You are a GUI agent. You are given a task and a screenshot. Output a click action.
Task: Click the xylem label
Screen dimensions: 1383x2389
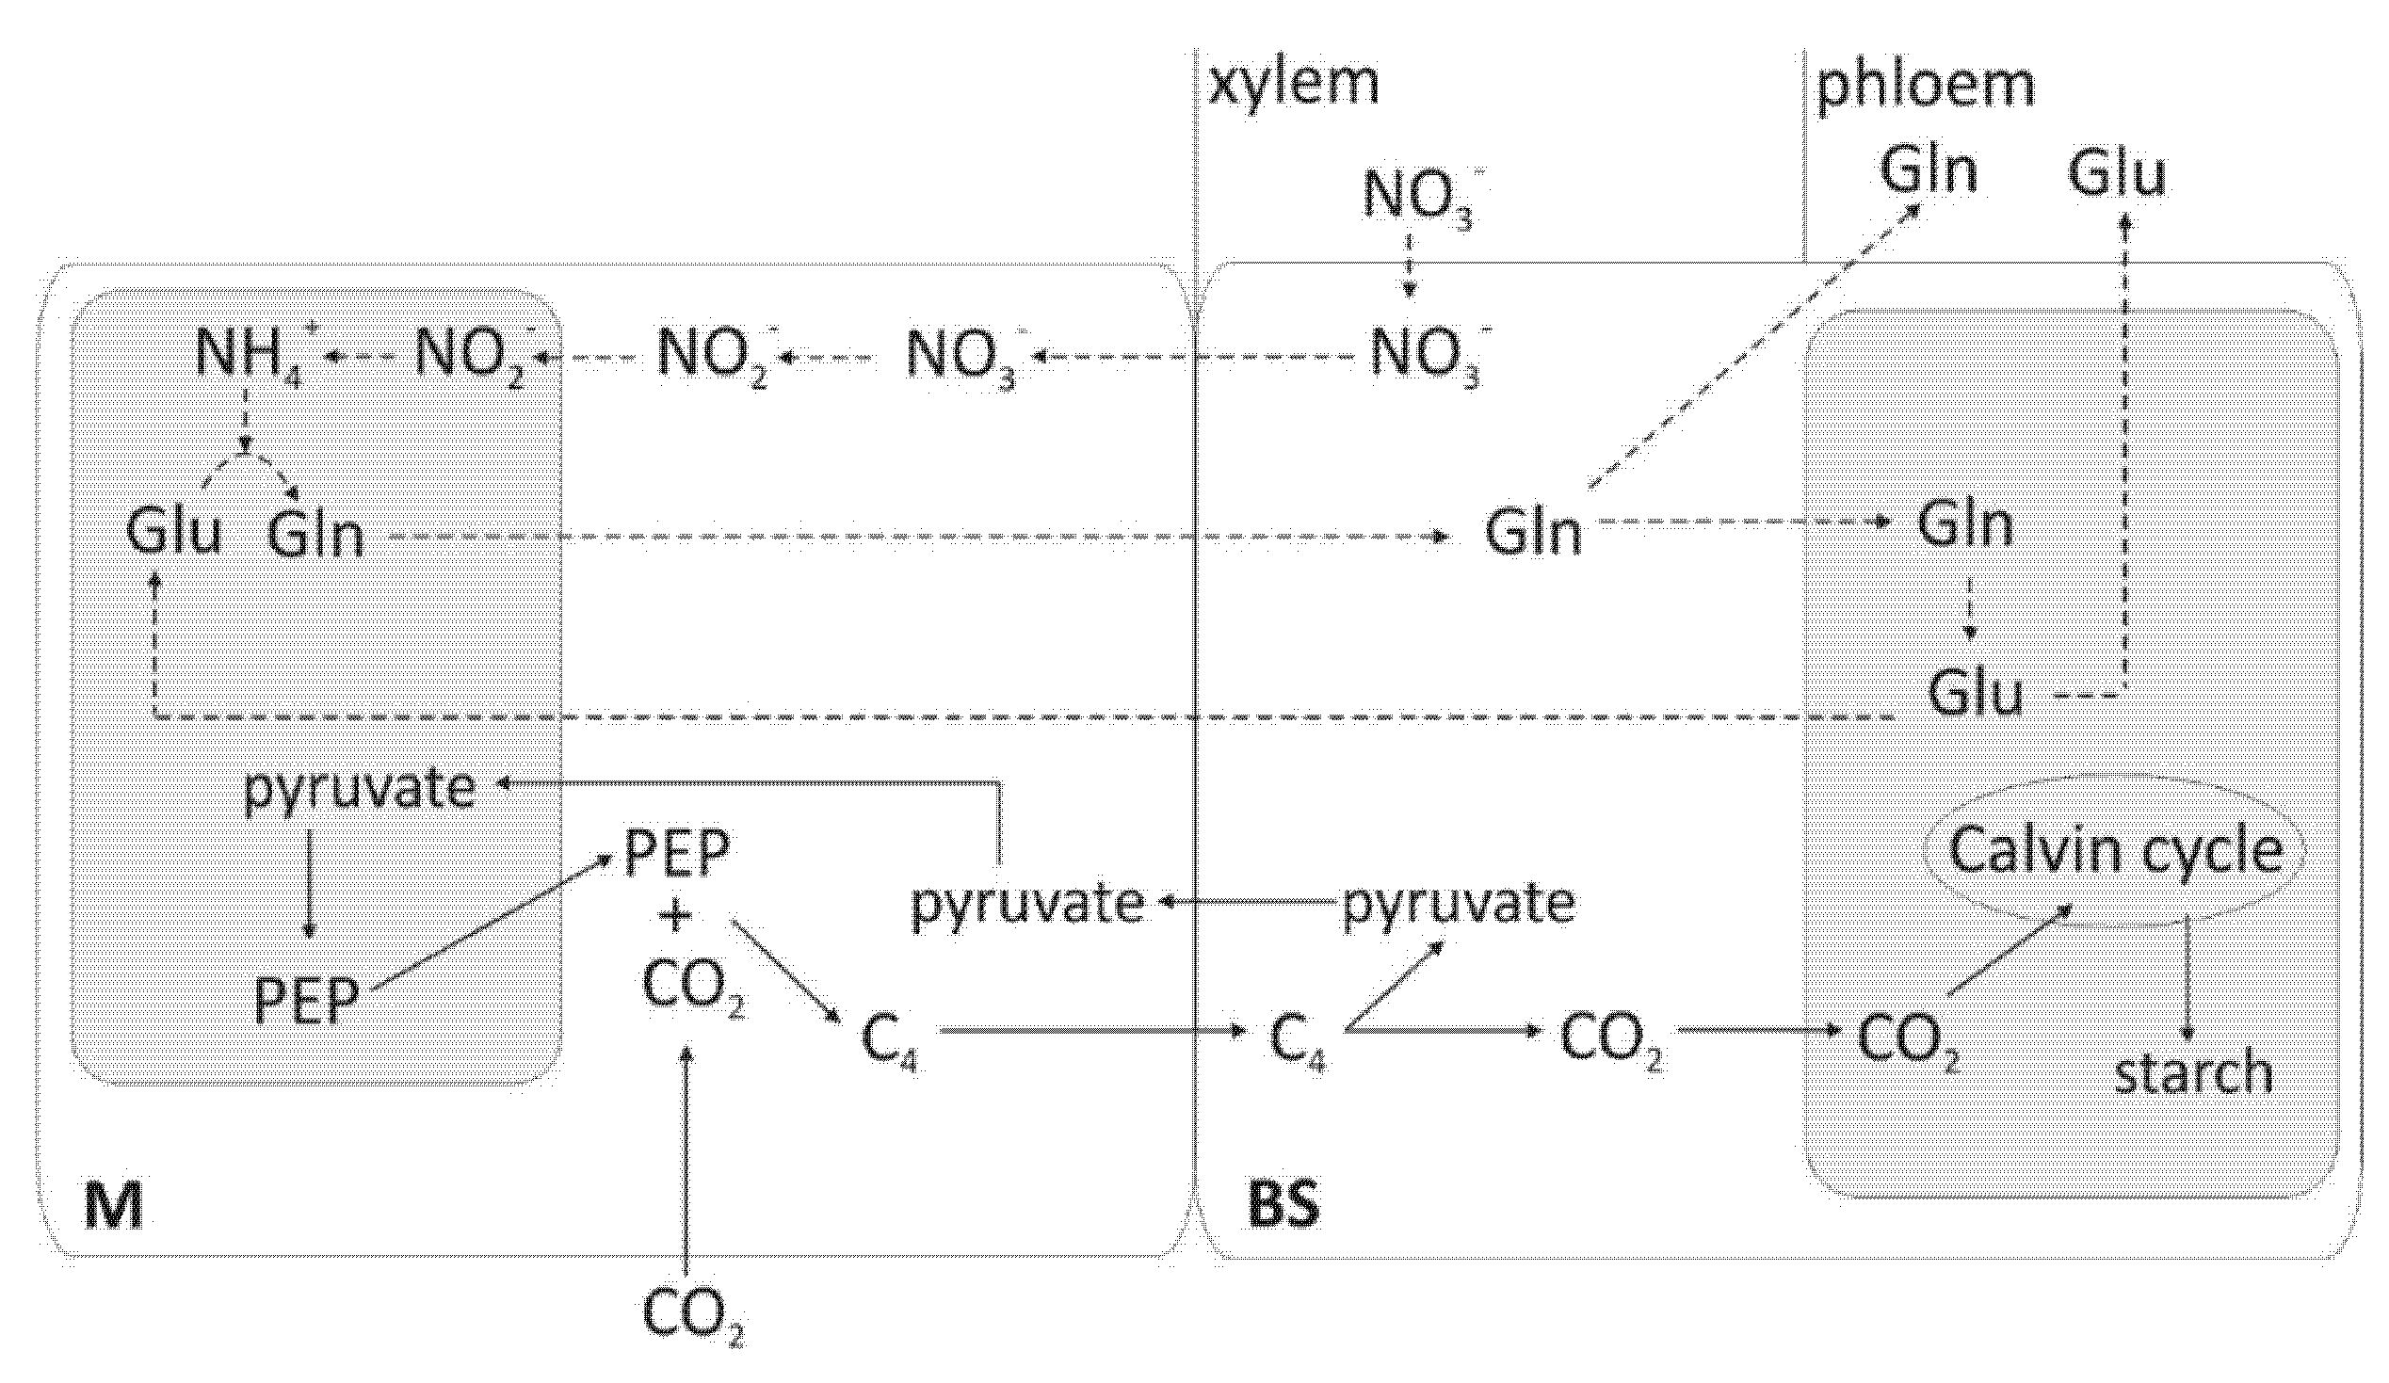1293,84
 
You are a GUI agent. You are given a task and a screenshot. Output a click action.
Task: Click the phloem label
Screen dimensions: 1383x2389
1925,86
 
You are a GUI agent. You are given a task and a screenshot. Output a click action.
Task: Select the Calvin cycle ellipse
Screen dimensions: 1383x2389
2114,851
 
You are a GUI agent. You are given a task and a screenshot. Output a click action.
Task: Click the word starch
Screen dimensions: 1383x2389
2194,1074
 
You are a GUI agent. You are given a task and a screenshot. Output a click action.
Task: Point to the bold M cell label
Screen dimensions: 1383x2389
114,1206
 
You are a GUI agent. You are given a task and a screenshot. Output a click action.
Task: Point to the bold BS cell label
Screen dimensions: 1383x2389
1283,1206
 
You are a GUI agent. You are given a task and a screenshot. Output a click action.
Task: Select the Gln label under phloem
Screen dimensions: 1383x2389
1928,172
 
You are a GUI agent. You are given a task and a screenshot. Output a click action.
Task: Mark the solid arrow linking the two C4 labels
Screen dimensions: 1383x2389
1090,1030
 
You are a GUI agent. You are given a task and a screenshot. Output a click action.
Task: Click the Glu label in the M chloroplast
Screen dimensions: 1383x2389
173,533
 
